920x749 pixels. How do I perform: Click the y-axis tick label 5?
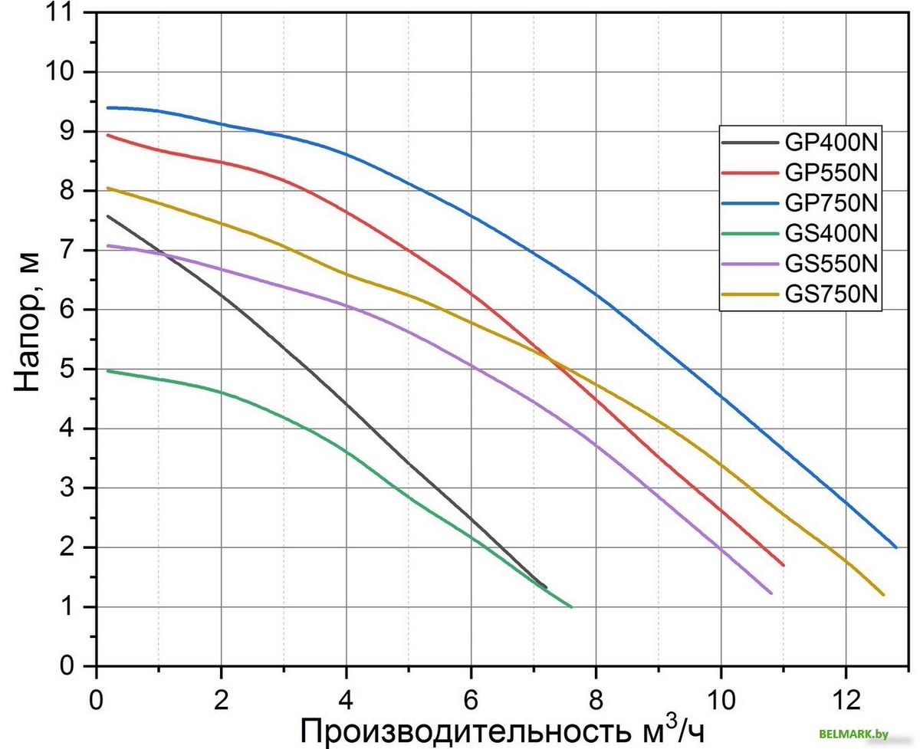coord(71,370)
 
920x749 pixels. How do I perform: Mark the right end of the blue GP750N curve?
coord(895,547)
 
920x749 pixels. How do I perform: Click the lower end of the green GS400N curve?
coord(571,606)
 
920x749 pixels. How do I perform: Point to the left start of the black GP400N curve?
coord(108,216)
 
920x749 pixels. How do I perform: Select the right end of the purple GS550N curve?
coord(770,593)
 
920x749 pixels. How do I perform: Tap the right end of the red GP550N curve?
coord(783,565)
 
